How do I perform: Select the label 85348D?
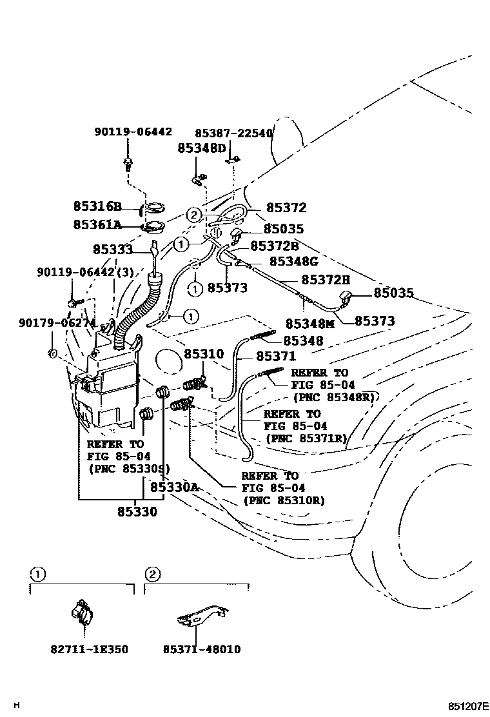(202, 148)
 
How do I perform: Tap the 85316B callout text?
(97, 207)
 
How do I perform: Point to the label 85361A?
(97, 225)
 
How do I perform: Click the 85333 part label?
(112, 249)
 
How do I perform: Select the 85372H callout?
(326, 280)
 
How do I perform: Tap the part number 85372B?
(274, 246)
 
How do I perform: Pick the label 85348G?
(293, 261)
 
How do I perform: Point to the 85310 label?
(204, 354)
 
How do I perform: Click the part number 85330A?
(173, 487)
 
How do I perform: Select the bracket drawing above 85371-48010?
(202, 616)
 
